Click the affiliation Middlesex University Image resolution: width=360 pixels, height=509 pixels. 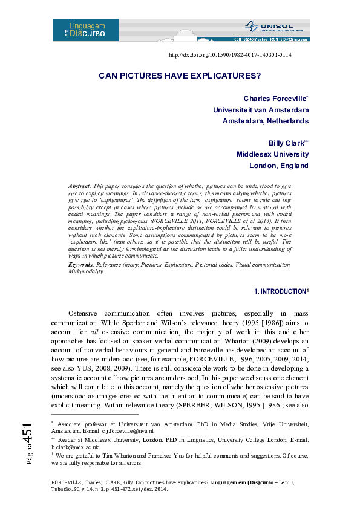click(272, 154)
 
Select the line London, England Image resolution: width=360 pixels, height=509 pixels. click(279, 166)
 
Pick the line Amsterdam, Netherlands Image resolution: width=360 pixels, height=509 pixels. click(266, 121)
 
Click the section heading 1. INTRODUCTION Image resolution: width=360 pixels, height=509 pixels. click(280, 291)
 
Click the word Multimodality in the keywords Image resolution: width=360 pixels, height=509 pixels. click(86, 271)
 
